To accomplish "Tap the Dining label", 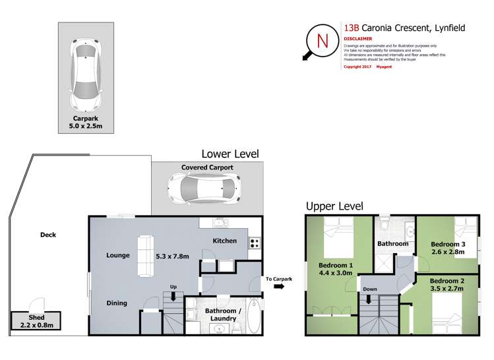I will [x=118, y=303].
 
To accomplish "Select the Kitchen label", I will [x=224, y=241].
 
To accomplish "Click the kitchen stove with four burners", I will [x=255, y=243].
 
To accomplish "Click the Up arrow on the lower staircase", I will [x=173, y=296].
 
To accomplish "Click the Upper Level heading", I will [x=334, y=206].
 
